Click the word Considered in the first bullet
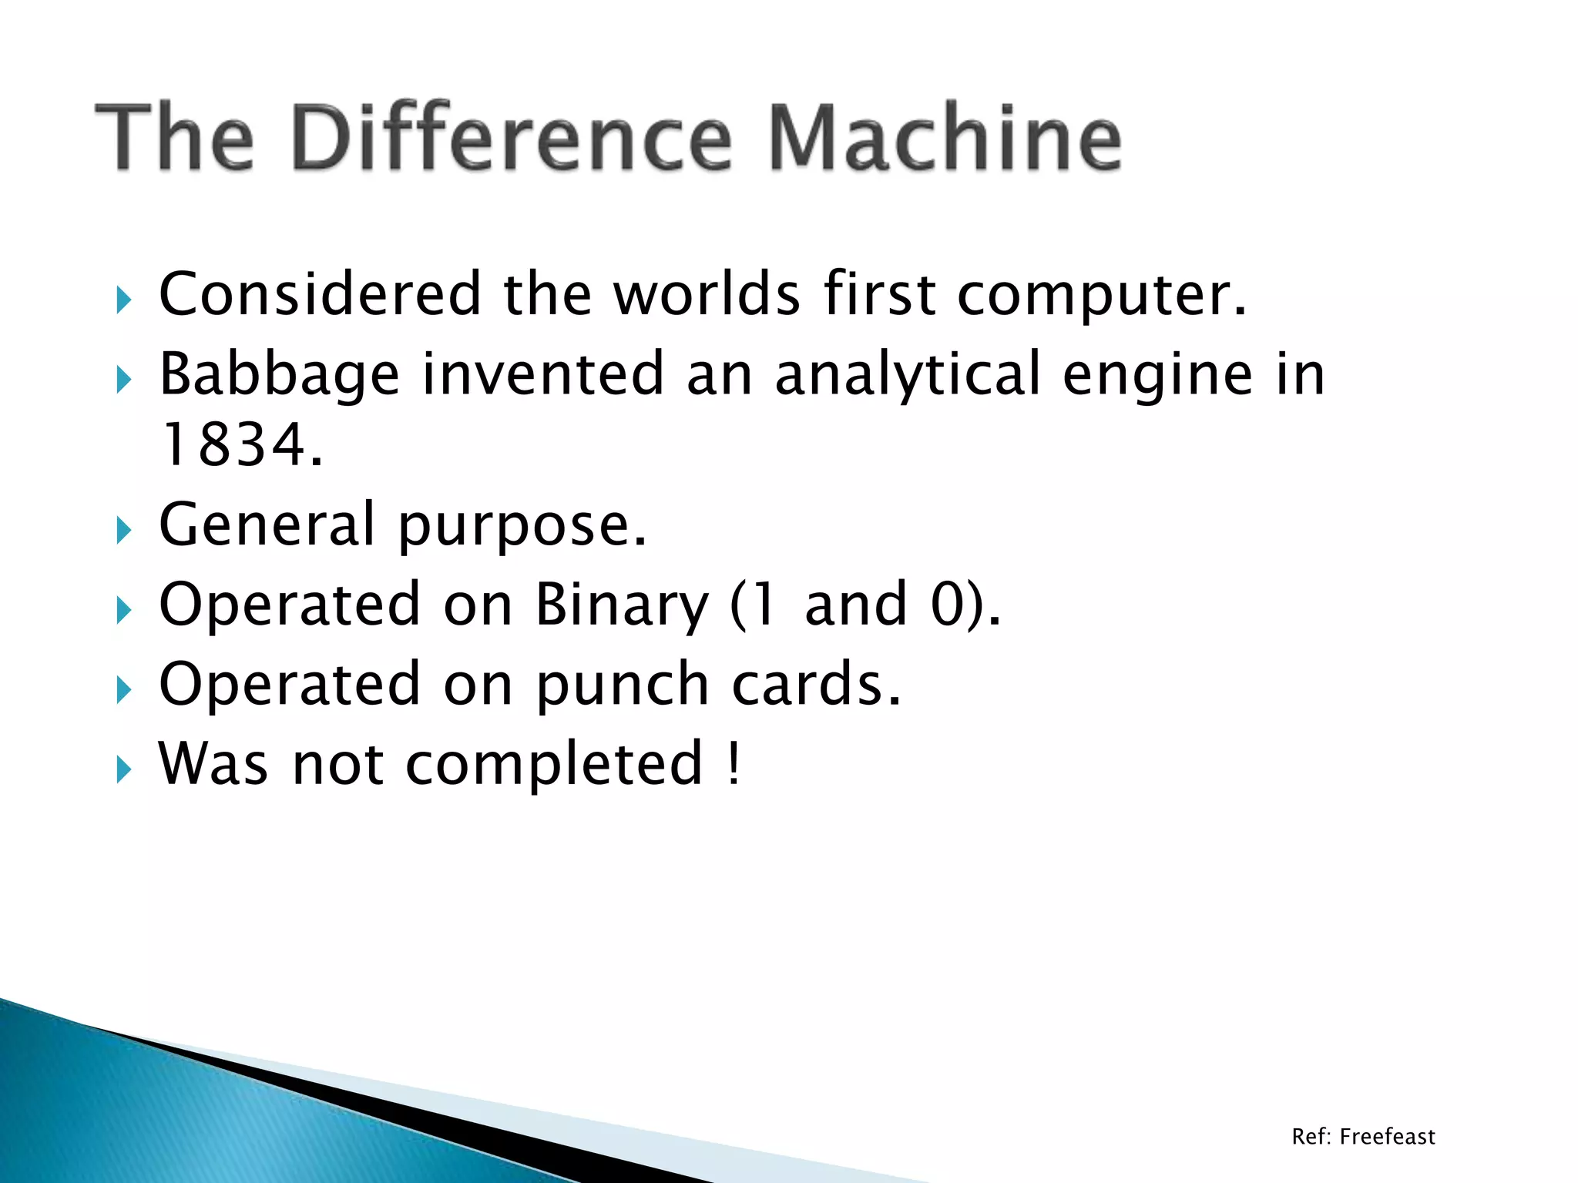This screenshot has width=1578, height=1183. point(320,294)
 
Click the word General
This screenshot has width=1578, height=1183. point(267,524)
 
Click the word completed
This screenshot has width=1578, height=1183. point(554,764)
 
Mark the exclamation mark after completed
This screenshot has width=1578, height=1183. point(734,762)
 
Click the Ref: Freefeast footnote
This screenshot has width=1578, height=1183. point(1363,1137)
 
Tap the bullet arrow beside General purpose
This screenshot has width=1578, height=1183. point(124,531)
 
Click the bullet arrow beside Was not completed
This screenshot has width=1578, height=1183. point(124,769)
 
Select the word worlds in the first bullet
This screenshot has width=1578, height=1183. point(707,294)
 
